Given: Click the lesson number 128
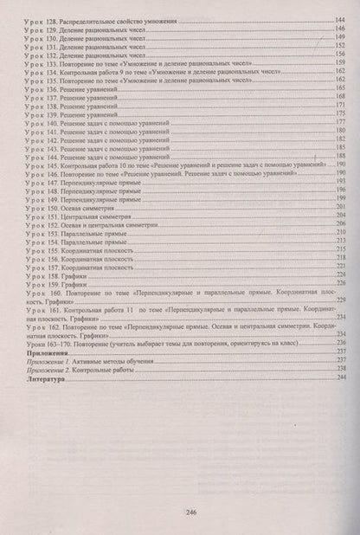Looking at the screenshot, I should point(49,19).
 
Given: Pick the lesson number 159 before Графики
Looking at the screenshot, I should point(49,282).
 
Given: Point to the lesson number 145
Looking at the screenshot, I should point(49,164).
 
